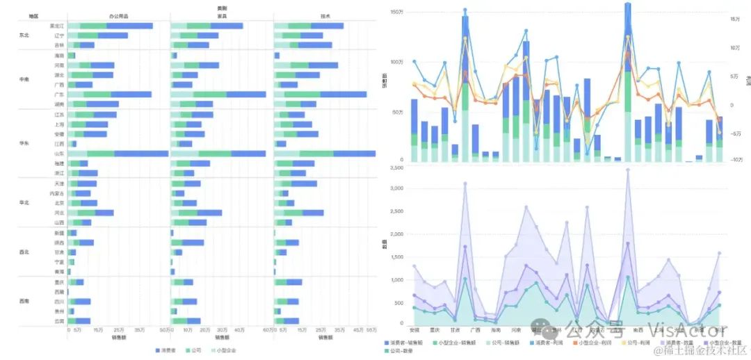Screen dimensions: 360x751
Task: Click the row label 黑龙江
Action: pos(58,26)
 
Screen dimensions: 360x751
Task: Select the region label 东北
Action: pos(24,35)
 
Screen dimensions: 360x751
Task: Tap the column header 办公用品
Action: pos(119,15)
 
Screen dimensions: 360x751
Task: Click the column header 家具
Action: pos(222,15)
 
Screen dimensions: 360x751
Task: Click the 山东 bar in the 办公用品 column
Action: pos(118,154)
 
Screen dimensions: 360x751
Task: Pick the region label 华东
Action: pos(24,143)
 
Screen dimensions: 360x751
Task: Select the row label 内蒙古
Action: pos(56,193)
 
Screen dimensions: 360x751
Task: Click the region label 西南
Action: pos(24,302)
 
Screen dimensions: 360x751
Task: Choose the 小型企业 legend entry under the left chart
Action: pos(224,350)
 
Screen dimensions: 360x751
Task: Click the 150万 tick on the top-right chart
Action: pos(396,13)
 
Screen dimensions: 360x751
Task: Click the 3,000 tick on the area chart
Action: pos(396,188)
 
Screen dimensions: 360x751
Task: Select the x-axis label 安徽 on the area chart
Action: pos(414,329)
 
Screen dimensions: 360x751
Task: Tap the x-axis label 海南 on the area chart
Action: pos(496,329)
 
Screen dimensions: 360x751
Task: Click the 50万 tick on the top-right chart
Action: pos(397,112)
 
